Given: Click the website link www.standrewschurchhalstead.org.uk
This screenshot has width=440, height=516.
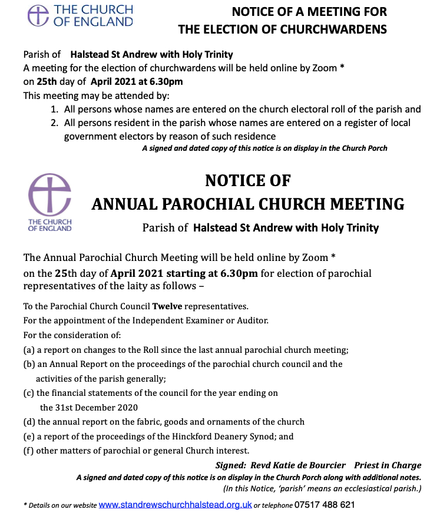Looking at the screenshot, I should point(175,505).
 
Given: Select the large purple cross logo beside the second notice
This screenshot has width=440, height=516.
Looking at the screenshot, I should point(50,194).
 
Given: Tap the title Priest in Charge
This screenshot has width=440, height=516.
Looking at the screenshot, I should point(388,466).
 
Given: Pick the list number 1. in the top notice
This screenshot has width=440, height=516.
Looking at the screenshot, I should point(54,109).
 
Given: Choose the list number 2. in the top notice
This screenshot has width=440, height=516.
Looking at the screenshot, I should point(54,123).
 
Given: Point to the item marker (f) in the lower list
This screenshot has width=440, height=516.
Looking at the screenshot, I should point(28,451).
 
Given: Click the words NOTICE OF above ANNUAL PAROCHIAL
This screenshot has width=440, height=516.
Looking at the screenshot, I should point(247,180).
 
